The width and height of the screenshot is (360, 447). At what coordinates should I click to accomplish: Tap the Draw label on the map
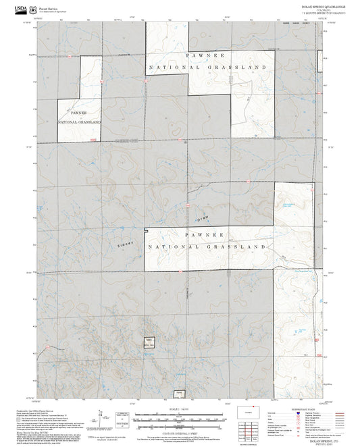[x=203, y=219]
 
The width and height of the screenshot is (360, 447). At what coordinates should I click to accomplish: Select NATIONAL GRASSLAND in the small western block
[x=79, y=122]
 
